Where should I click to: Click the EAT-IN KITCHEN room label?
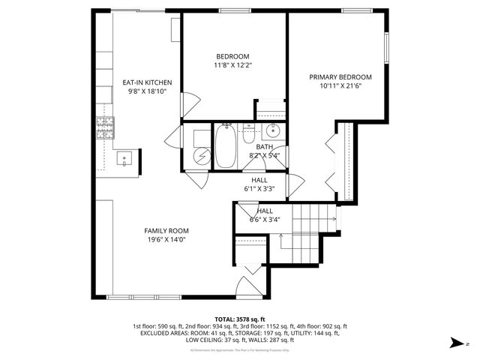pyautogui.click(x=148, y=82)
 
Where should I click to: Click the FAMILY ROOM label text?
pyautogui.click(x=166, y=231)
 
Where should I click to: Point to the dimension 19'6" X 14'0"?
pyautogui.click(x=166, y=240)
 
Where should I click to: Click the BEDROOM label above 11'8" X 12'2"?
pyautogui.click(x=233, y=56)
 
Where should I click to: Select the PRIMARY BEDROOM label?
pyautogui.click(x=341, y=77)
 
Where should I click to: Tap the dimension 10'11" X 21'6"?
pyautogui.click(x=341, y=86)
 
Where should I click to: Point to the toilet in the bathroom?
pyautogui.click(x=247, y=134)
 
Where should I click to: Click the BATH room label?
pyautogui.click(x=265, y=147)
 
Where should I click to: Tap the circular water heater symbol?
pyautogui.click(x=200, y=155)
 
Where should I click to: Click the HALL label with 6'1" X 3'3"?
pyautogui.click(x=259, y=180)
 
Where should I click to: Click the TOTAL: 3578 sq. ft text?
pyautogui.click(x=240, y=319)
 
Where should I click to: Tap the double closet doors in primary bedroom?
pyautogui.click(x=330, y=158)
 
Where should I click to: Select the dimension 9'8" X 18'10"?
pyautogui.click(x=148, y=91)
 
